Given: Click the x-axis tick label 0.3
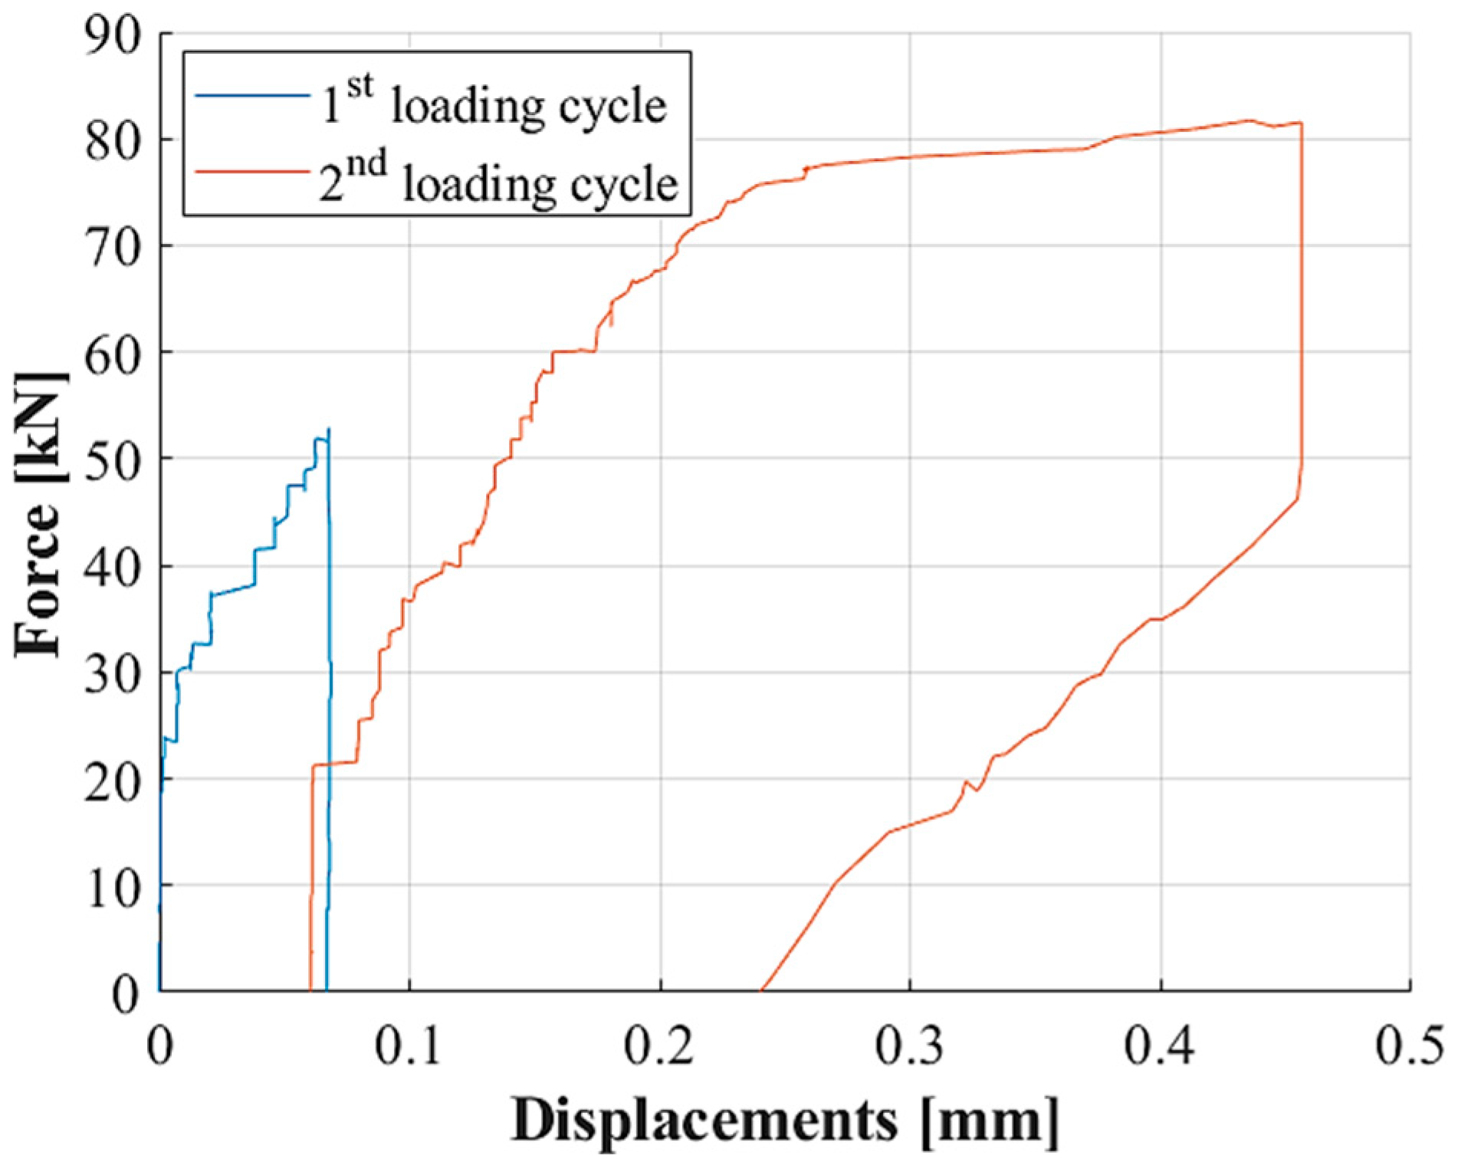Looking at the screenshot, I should (909, 1048).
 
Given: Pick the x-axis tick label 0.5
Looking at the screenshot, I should (1409, 1048).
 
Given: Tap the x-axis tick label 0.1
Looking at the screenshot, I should (409, 1048).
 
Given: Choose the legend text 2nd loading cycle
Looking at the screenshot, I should (498, 182).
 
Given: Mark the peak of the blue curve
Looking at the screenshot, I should (329, 430).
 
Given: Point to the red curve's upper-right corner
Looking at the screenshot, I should (1300, 123).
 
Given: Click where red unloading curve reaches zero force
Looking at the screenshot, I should (760, 990).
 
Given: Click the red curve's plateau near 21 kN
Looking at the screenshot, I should (334, 763).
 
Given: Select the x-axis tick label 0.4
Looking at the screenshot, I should (1160, 1048).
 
